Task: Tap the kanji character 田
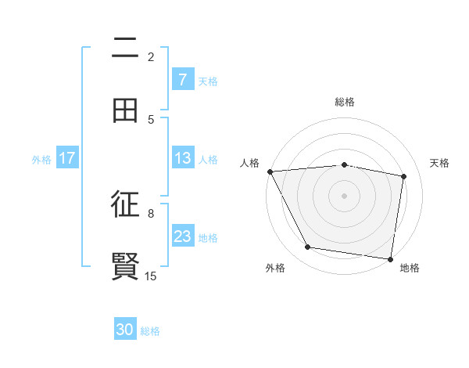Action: tap(125, 110)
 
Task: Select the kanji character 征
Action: tap(125, 205)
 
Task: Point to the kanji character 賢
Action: tap(125, 266)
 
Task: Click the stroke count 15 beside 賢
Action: tap(151, 276)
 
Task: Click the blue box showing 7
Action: tap(182, 80)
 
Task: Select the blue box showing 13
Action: tap(182, 158)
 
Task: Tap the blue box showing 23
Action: tap(182, 236)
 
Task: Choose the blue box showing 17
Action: tap(67, 158)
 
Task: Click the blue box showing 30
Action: tap(125, 330)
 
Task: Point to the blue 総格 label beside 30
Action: tap(150, 331)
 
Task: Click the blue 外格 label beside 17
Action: tap(41, 159)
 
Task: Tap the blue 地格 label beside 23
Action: tap(208, 237)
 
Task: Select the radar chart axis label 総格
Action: tap(345, 102)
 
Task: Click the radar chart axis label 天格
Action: tap(440, 163)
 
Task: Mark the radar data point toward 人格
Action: tap(270, 171)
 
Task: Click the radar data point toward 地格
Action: tap(391, 258)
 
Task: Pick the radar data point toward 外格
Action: tap(308, 247)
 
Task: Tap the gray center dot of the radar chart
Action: tap(344, 195)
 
